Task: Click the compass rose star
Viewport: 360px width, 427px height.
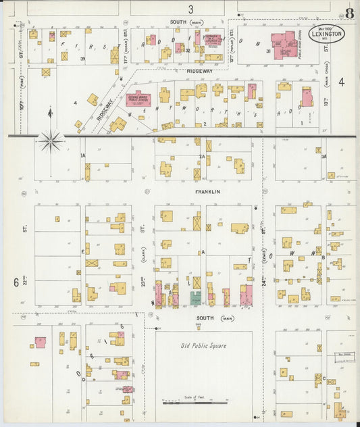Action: tap(51, 141)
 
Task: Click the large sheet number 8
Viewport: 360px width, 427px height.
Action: tap(349, 14)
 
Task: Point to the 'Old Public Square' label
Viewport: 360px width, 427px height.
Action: tap(203, 346)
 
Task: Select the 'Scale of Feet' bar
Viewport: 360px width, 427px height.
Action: tap(195, 403)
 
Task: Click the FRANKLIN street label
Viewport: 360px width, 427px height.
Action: tap(208, 192)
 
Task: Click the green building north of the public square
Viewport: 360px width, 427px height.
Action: tap(195, 298)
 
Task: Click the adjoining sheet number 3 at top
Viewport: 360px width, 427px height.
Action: tap(191, 9)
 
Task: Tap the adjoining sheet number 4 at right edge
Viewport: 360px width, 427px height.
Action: tap(342, 82)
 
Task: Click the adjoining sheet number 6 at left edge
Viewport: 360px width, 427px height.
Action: tap(16, 281)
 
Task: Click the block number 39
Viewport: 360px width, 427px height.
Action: tap(82, 59)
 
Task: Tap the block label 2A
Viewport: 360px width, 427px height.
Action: tap(201, 156)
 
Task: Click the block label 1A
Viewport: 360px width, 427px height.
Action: tap(83, 156)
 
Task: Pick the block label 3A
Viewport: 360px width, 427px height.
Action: tap(324, 156)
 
